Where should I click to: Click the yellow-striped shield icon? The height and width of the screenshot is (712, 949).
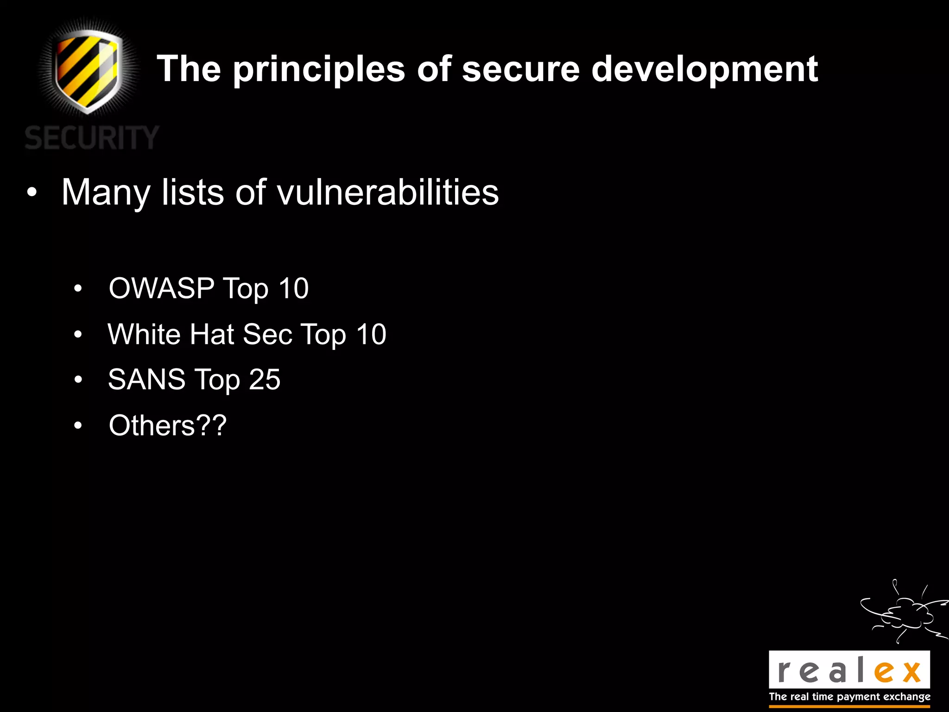(x=88, y=70)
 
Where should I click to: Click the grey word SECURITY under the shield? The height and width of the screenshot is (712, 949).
(x=92, y=138)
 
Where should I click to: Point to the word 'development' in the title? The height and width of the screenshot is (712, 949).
(x=704, y=70)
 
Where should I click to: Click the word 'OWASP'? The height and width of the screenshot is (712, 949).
(x=161, y=288)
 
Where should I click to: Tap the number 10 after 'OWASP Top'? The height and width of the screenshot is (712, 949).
(x=293, y=288)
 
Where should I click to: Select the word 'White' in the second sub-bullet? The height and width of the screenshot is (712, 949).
(x=144, y=334)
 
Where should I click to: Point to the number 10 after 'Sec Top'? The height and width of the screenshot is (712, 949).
(x=371, y=334)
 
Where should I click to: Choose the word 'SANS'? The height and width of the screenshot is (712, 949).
(x=146, y=380)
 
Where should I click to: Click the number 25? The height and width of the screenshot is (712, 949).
(x=264, y=380)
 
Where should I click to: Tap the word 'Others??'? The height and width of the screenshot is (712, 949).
(x=167, y=426)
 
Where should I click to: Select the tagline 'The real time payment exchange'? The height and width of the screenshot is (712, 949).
(x=849, y=697)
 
